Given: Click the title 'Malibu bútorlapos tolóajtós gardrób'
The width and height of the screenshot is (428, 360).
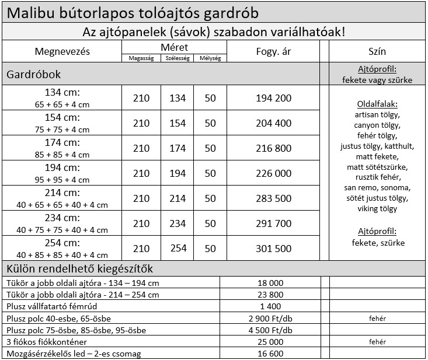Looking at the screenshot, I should pyautogui.click(x=136, y=12).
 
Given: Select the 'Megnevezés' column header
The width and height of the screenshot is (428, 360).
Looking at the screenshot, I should pyautogui.click(x=62, y=52).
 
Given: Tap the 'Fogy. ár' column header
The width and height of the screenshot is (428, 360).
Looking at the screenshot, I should pyautogui.click(x=273, y=52).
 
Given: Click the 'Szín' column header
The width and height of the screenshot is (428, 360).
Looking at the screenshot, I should pyautogui.click(x=377, y=52).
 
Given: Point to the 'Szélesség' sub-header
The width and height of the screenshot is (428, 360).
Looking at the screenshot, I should pyautogui.click(x=177, y=58).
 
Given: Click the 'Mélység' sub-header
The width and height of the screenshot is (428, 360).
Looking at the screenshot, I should pyautogui.click(x=210, y=58).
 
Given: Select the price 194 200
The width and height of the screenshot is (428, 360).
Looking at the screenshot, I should pyautogui.click(x=273, y=98).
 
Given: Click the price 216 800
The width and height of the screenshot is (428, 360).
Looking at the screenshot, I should pyautogui.click(x=273, y=148).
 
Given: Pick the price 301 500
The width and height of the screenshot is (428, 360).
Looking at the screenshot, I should pyautogui.click(x=273, y=249).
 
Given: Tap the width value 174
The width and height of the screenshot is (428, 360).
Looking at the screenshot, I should pyautogui.click(x=177, y=148).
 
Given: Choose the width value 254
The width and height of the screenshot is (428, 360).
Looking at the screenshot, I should pyautogui.click(x=177, y=249).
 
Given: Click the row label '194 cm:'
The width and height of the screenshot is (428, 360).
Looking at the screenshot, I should pyautogui.click(x=62, y=167).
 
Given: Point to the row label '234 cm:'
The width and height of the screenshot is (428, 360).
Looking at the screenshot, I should pyautogui.click(x=62, y=218).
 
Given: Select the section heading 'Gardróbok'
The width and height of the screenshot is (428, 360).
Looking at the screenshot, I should pyautogui.click(x=33, y=75).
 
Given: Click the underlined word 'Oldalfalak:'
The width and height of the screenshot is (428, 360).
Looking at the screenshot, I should pyautogui.click(x=377, y=104).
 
